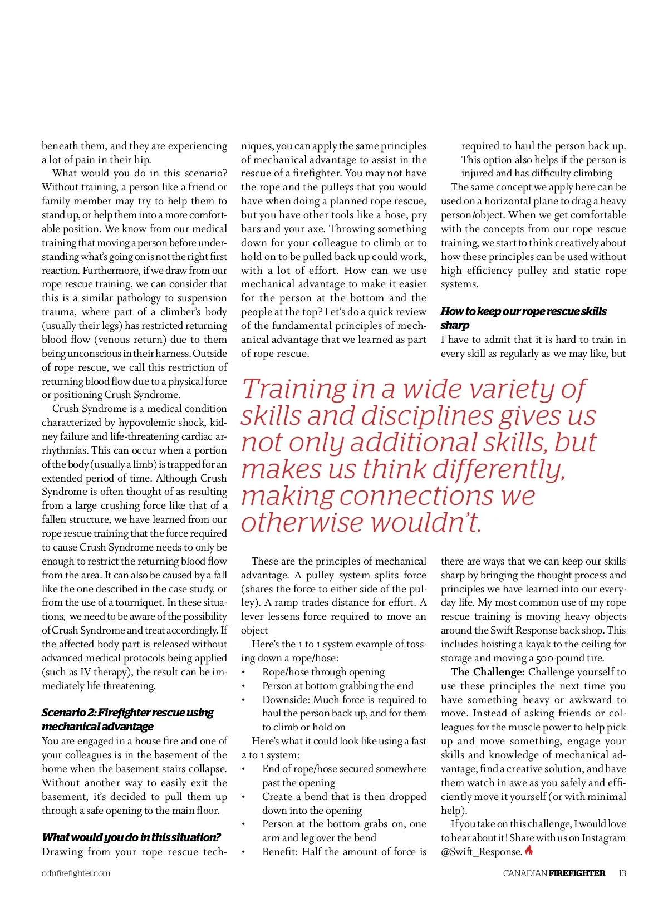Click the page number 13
[x=622, y=873]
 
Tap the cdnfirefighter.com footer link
[x=76, y=873]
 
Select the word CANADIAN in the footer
[x=524, y=873]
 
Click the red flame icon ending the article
[x=529, y=850]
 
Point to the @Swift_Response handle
[x=482, y=852]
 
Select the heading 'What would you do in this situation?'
[x=131, y=837]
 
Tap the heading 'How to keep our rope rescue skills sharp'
[x=523, y=318]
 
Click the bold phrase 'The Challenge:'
[x=488, y=672]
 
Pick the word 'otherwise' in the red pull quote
[x=302, y=522]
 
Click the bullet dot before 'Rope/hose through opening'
[x=244, y=673]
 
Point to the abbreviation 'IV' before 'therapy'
[x=87, y=672]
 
